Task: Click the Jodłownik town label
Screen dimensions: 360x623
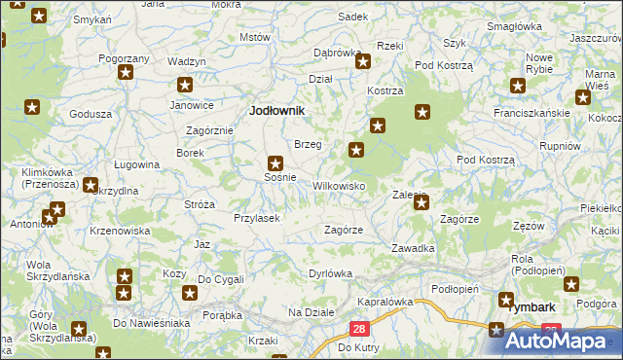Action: pyautogui.click(x=277, y=111)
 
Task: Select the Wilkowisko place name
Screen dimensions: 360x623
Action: pyautogui.click(x=338, y=185)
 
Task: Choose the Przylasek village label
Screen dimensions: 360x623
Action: pyautogui.click(x=257, y=218)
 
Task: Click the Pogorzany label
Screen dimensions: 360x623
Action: pyautogui.click(x=124, y=58)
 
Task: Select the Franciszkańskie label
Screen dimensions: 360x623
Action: pyautogui.click(x=531, y=112)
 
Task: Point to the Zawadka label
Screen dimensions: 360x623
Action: pyautogui.click(x=413, y=248)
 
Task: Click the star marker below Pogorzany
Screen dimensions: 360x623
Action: pyautogui.click(x=125, y=73)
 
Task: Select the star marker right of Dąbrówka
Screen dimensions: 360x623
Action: pyautogui.click(x=363, y=63)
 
